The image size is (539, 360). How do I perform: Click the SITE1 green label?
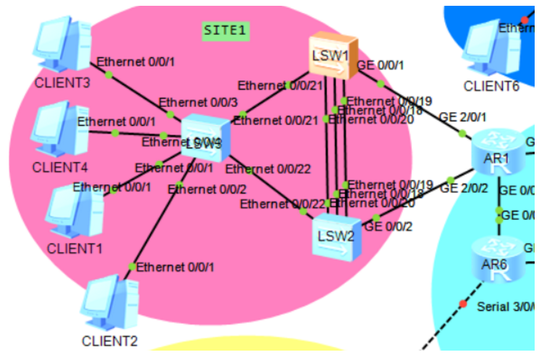(x=225, y=30)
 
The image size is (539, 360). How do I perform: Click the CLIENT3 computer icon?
(x=63, y=45)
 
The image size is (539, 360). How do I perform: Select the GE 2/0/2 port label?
(x=464, y=188)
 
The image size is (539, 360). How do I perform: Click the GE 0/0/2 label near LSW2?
(x=389, y=226)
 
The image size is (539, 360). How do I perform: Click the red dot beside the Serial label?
(x=462, y=305)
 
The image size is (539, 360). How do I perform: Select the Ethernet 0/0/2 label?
(x=198, y=189)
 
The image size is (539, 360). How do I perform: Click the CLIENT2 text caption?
(x=109, y=340)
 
